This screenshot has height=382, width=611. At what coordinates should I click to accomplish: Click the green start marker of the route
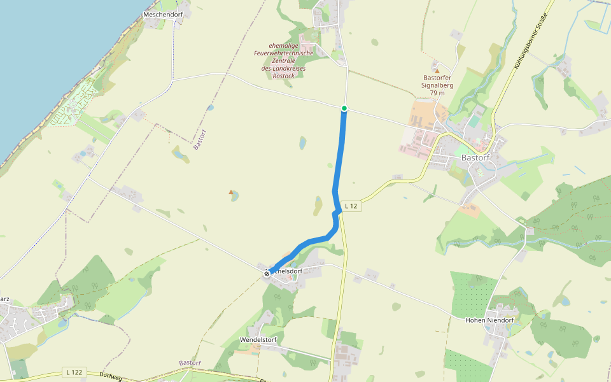344,108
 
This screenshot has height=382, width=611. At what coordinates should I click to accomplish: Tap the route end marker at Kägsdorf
267,273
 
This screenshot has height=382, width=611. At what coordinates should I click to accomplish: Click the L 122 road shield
74,372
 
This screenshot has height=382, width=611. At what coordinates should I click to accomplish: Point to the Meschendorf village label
162,14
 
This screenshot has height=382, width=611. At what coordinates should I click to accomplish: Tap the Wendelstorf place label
258,340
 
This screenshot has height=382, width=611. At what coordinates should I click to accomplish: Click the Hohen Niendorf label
489,320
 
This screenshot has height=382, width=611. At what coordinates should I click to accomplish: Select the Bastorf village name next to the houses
474,158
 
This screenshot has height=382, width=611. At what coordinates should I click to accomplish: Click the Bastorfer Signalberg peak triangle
437,71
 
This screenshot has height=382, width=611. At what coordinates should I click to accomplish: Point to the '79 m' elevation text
437,93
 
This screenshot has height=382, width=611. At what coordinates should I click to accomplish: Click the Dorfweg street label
110,376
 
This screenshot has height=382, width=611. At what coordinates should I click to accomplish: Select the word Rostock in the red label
283,76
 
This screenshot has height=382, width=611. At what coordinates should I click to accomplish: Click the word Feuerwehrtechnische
284,53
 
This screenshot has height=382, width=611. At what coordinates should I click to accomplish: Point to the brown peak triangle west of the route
231,192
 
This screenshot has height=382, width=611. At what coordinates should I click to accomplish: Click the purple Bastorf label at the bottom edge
190,363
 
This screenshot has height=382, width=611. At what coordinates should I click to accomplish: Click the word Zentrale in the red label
283,60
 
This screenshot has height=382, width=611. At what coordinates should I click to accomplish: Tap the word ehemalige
284,45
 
